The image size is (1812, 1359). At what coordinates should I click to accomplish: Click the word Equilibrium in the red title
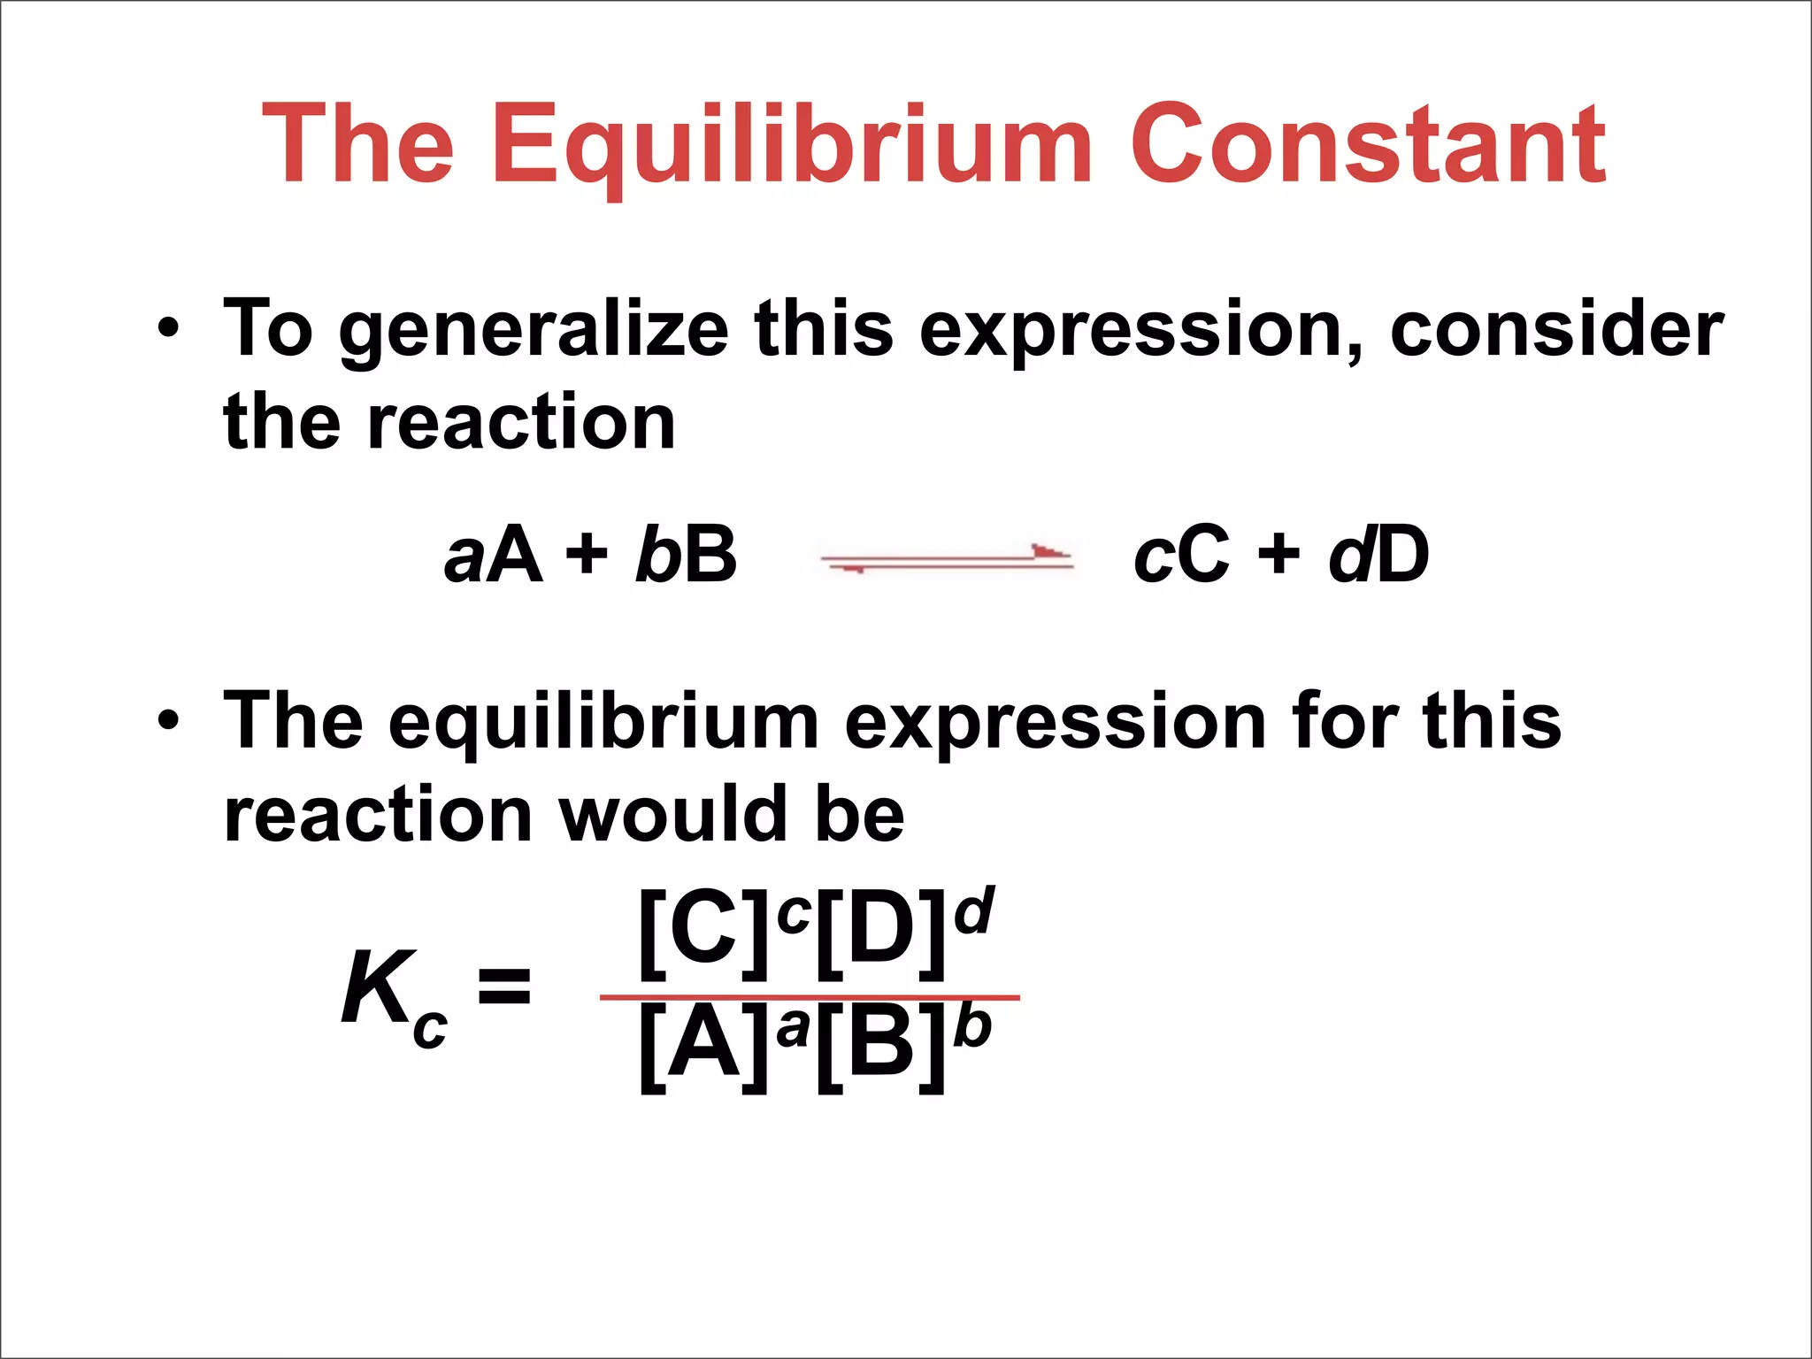click(792, 146)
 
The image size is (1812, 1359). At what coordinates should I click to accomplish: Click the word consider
click(1556, 329)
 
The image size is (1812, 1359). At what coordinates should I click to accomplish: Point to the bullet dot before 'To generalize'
click(167, 329)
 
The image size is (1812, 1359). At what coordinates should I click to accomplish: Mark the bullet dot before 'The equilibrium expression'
click(167, 720)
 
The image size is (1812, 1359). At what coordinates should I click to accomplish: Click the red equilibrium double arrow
click(947, 558)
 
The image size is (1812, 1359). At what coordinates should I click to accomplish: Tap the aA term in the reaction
click(493, 556)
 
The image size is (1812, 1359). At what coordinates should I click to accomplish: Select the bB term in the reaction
click(686, 554)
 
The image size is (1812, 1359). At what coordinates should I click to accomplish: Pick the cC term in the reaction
click(1181, 556)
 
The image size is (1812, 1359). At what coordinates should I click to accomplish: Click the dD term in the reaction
click(1378, 554)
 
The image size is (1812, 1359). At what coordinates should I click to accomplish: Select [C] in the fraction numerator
click(703, 933)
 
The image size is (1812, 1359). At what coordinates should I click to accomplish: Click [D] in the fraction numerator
click(881, 933)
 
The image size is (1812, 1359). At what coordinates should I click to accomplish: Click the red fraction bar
click(810, 997)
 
